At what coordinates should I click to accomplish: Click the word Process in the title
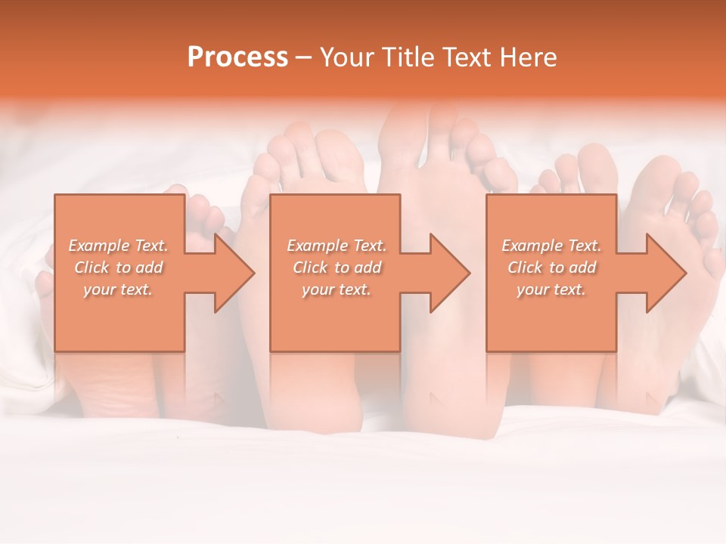pos(237,57)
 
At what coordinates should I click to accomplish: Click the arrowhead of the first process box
pos(234,273)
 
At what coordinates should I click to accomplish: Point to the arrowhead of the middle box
pos(450,273)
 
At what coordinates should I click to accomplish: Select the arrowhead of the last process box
pos(666,273)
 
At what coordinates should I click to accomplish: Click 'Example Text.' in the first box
pos(118,246)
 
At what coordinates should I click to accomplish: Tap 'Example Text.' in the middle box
pos(336,246)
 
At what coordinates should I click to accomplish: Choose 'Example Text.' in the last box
pos(551,246)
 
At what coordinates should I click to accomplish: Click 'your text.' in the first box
pos(118,289)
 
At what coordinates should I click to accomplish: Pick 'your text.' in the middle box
pos(336,289)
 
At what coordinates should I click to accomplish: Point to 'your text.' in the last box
pos(551,289)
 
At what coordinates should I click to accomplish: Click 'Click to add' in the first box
pos(118,267)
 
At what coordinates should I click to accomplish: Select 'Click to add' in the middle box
pos(336,267)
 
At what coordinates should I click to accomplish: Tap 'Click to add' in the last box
pos(551,267)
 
